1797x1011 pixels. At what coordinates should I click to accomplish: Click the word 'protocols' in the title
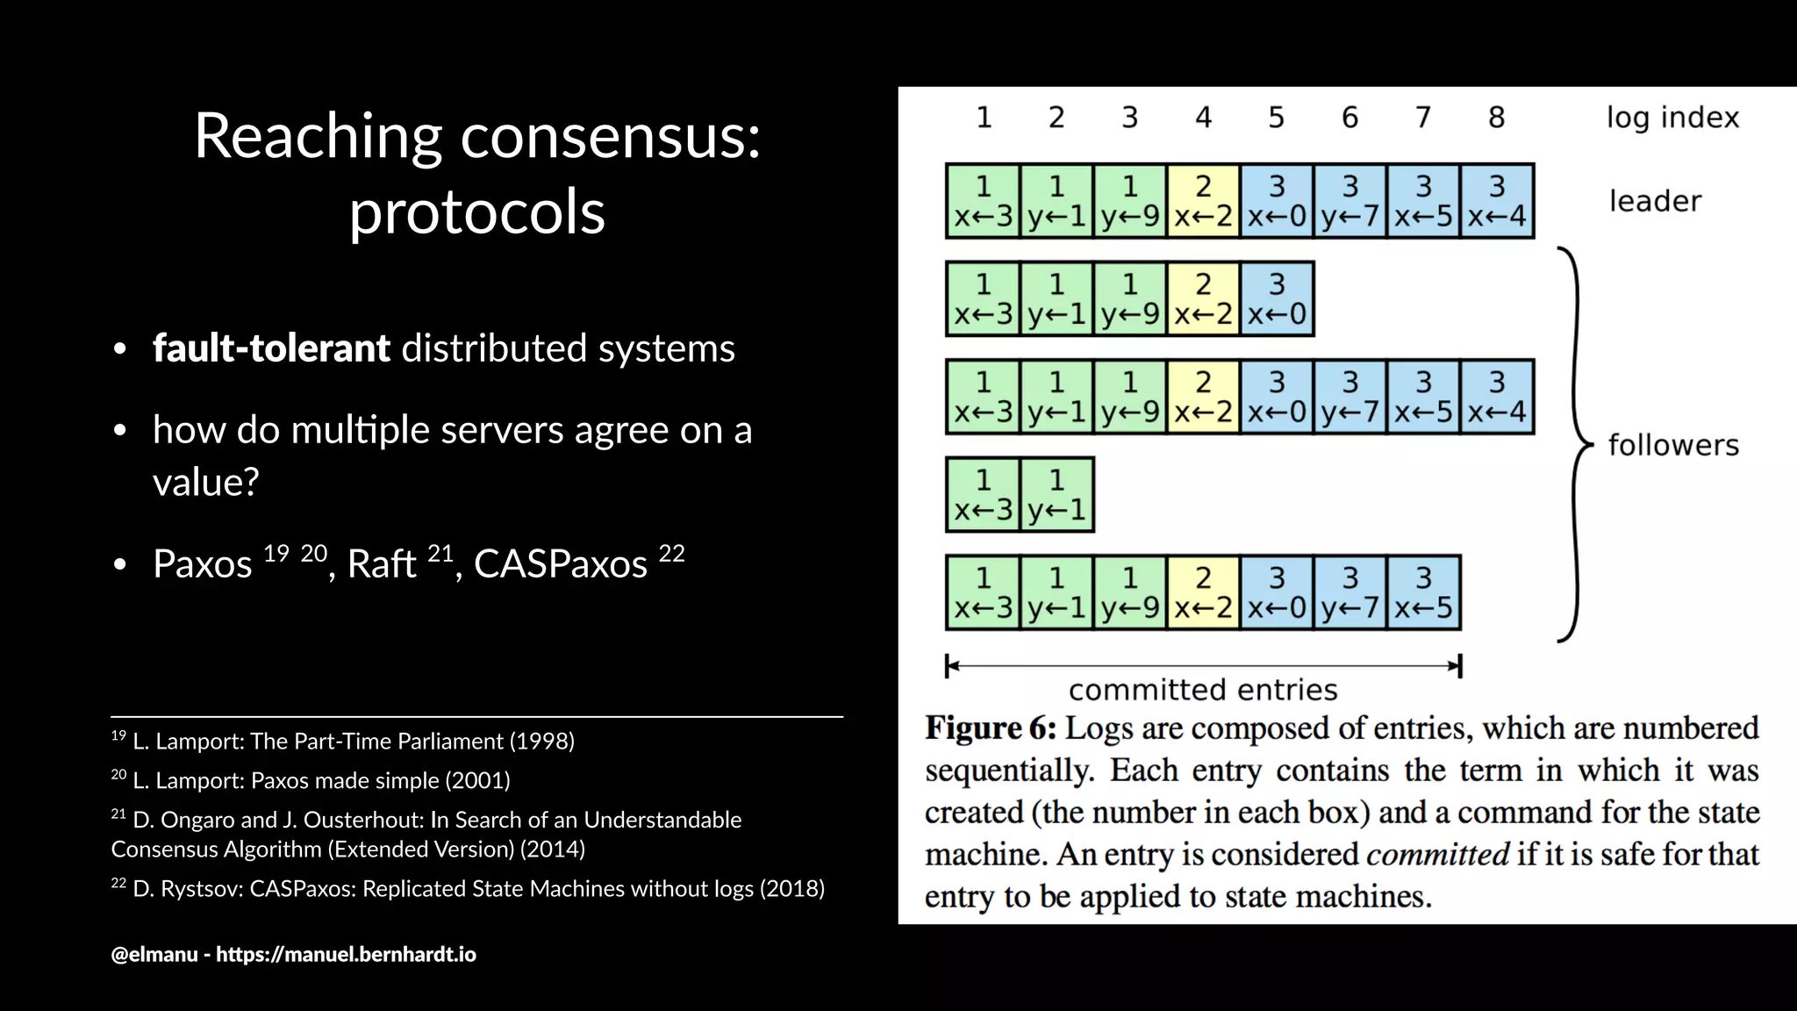[477, 213]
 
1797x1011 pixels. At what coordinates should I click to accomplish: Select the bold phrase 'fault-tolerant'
[271, 348]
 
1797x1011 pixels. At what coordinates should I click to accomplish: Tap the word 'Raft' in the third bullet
[381, 564]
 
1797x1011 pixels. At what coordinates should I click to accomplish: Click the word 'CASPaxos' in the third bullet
[560, 564]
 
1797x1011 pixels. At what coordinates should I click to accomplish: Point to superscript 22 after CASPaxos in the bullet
[671, 553]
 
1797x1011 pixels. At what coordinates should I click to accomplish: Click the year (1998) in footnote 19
[541, 742]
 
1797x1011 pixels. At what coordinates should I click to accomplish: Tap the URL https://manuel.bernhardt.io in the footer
[346, 955]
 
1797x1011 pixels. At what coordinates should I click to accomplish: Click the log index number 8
[1496, 118]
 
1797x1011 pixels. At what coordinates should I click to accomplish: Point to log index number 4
[1203, 118]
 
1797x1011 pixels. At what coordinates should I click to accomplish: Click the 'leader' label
[1654, 202]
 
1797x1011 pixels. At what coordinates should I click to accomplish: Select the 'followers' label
[1672, 446]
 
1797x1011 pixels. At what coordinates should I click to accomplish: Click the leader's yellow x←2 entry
[1203, 201]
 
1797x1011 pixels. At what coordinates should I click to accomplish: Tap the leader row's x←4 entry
[1497, 201]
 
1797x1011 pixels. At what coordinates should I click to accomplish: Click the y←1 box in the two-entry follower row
[1056, 495]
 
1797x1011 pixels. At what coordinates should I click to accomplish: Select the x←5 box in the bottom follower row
[1423, 593]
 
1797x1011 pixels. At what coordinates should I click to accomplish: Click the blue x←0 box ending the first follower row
[1277, 299]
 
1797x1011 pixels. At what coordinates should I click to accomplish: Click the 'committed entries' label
[1203, 691]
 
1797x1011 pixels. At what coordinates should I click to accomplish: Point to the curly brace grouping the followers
[1576, 446]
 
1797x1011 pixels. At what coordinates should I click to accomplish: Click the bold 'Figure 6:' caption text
[991, 728]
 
